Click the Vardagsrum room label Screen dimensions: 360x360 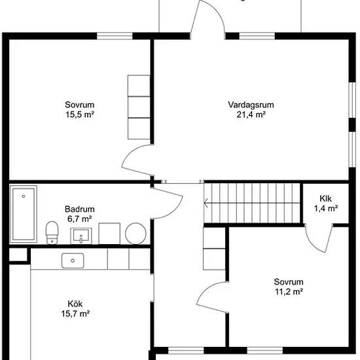click(251, 105)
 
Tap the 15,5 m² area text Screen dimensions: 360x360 click(80, 115)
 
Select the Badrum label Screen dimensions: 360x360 click(80, 209)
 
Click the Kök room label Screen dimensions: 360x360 click(75, 304)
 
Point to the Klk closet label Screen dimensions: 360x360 click(325, 198)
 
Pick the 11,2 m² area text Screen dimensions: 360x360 click(289, 291)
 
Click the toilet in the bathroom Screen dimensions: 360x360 click(52, 232)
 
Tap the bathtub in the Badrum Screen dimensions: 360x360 click(24, 214)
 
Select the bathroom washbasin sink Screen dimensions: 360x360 click(81, 236)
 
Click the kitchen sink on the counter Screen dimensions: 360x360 click(73, 261)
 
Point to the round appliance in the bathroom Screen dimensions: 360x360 click(135, 234)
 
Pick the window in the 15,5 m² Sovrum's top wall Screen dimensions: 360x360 click(115, 36)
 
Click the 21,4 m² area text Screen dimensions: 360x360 click(251, 115)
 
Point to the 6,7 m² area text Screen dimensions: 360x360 click(80, 219)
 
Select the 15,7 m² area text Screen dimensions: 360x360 click(75, 314)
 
